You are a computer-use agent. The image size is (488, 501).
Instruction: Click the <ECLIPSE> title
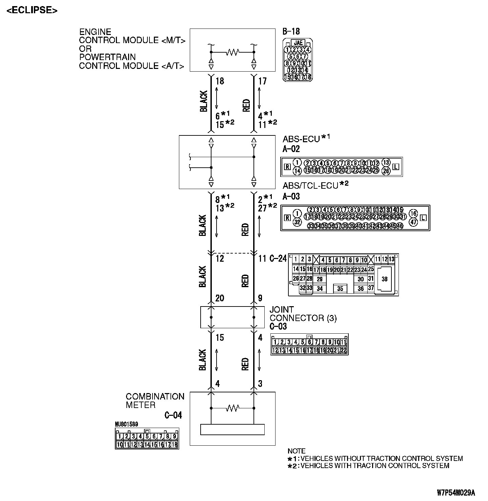tap(32, 10)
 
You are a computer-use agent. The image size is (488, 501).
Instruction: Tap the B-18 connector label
tap(291, 32)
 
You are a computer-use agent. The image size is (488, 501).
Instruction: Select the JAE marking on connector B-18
tap(298, 43)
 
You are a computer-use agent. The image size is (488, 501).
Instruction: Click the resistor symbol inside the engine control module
tap(233, 52)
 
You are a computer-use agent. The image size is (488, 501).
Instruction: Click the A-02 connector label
tap(291, 149)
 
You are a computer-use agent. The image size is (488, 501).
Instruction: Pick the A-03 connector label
tap(291, 196)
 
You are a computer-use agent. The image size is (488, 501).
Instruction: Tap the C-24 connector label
tap(278, 259)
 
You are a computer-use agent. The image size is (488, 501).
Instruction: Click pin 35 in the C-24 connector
tap(340, 289)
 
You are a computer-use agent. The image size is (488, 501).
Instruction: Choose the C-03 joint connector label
tap(278, 327)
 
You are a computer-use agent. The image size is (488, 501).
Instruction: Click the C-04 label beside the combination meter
tap(173, 415)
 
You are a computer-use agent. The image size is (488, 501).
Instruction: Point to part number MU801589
tap(126, 424)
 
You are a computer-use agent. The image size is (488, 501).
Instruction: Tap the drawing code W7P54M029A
tap(456, 493)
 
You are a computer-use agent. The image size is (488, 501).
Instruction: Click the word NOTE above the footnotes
tap(296, 451)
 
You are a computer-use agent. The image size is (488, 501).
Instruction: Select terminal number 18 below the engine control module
tap(220, 81)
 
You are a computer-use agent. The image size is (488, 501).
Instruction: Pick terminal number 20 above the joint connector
tap(220, 298)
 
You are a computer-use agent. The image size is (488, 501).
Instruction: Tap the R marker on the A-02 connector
tap(287, 167)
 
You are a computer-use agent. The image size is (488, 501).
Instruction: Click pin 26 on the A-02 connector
tap(386, 170)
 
